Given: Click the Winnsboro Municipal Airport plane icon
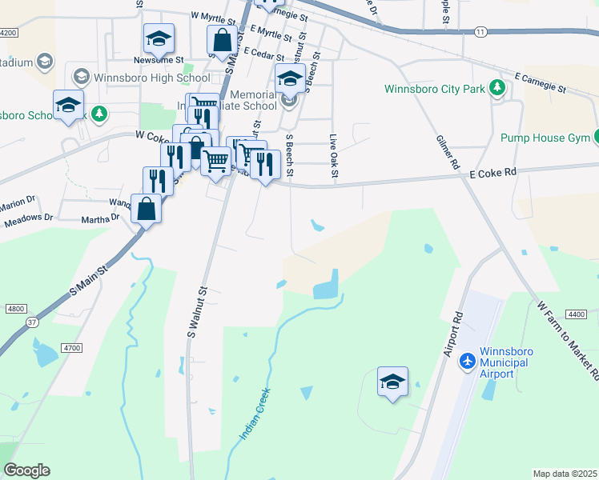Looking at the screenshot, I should click(468, 362).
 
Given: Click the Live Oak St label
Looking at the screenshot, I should click(335, 157).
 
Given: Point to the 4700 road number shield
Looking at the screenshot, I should click(72, 348).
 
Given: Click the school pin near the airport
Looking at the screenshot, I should click(392, 382).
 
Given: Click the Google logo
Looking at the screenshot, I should click(26, 470).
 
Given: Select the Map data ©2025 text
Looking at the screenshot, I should click(564, 474).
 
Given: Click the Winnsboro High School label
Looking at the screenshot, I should click(152, 78).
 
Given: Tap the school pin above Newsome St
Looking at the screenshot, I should click(159, 38).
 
